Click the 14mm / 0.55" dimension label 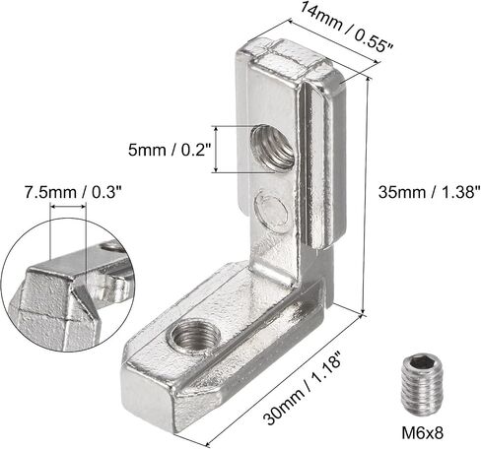tap(346, 26)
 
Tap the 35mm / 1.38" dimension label tap(429, 191)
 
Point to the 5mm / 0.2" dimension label tap(169, 150)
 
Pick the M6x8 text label tap(423, 432)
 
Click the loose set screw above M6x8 tap(422, 386)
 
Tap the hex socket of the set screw tap(423, 362)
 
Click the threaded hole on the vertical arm tap(272, 147)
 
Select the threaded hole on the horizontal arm tap(195, 337)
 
